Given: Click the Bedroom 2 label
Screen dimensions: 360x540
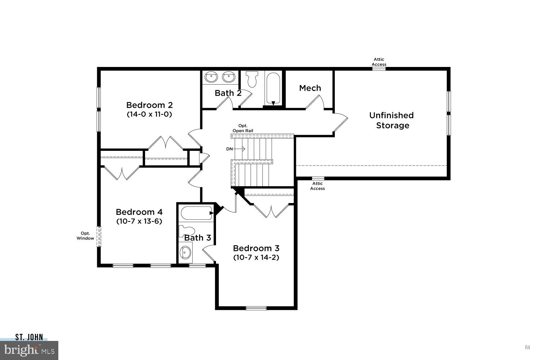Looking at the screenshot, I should (149, 105).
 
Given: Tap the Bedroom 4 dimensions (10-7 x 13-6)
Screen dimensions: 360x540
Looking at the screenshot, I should (139, 221).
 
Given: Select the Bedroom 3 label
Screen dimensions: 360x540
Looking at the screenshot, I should (256, 248).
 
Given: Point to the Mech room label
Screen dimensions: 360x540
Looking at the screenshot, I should (310, 88).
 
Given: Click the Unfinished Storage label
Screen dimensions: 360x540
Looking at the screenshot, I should (392, 120).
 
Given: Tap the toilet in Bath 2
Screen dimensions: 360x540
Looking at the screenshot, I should (252, 78).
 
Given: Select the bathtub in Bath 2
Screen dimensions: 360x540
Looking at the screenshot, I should (274, 88).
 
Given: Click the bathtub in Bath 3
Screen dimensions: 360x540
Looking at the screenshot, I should (196, 213).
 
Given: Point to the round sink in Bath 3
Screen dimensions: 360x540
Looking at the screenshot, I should (185, 252).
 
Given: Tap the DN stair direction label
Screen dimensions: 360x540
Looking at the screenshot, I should (229, 149).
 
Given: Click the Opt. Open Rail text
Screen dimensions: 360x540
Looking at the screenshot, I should (243, 128).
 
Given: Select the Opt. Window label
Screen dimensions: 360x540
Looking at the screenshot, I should (85, 236).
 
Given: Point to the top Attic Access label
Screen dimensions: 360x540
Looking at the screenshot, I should (379, 62).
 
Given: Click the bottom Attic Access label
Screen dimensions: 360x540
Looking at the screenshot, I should (318, 186).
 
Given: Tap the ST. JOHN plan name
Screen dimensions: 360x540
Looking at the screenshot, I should (29, 337).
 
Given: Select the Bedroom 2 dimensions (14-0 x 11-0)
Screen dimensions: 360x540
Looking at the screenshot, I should (149, 114).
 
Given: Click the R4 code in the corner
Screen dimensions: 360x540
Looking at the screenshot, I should (527, 347).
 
